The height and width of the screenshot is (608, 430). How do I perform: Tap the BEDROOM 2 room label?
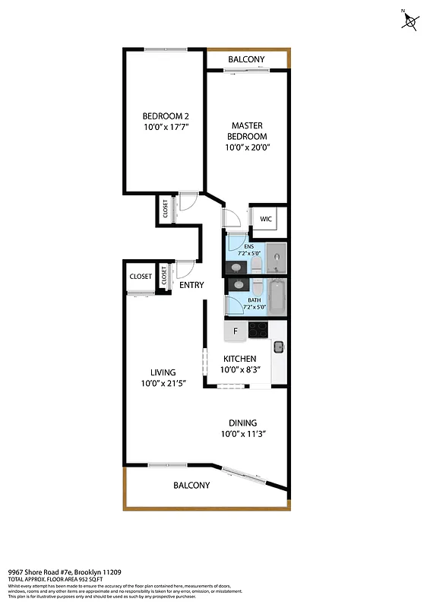coord(165,116)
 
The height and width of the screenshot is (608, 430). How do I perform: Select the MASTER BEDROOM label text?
coord(248,130)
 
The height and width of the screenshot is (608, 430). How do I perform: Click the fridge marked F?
coord(236,331)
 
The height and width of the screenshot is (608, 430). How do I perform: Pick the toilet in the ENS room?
coord(256,264)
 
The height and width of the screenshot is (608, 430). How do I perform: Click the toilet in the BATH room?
coord(256,289)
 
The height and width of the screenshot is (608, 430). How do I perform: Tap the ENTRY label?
coord(191,285)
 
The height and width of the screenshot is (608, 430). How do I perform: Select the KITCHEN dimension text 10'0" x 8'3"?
coord(239,369)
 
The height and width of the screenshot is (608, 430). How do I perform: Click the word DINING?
coord(243,423)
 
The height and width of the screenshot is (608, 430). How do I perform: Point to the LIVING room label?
coord(163,372)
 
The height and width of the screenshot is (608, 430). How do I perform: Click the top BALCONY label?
coord(246,59)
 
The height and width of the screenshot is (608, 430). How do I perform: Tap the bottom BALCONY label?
coord(191,485)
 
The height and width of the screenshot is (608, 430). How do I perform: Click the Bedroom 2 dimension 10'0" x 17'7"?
coord(165,128)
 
